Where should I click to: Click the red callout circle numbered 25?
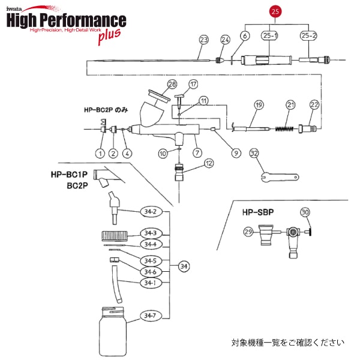275,11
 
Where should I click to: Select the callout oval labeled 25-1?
271,36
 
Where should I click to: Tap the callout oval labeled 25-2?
309,36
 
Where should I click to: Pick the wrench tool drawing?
280,176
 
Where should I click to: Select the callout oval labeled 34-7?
149,316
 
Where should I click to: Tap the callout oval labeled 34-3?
149,233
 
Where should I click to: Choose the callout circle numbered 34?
184,266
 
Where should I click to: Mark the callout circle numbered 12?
208,163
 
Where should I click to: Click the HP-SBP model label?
259,212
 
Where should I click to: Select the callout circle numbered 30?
305,212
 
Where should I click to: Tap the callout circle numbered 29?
248,232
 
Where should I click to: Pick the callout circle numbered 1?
99,152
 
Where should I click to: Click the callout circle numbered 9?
236,152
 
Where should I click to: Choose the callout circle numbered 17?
193,83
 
